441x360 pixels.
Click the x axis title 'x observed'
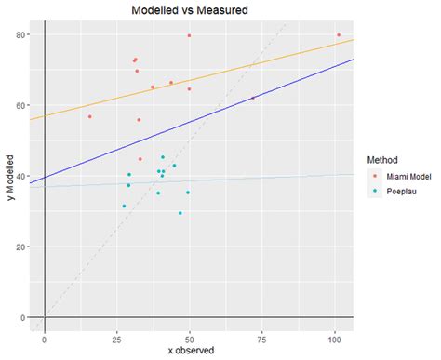tap(192, 350)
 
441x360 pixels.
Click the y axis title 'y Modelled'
tap(8, 176)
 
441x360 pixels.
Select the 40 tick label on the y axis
tap(20, 177)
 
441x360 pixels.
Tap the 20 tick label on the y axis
tap(20, 247)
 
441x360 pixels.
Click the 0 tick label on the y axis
tap(23, 318)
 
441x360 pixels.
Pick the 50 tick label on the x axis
tap(190, 338)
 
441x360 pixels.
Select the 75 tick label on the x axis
tap(262, 338)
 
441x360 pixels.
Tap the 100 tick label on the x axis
tap(335, 338)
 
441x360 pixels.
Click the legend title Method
tap(383, 159)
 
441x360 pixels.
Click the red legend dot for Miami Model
tap(375, 176)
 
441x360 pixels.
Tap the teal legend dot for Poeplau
tap(375, 192)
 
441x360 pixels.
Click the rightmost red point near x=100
tap(339, 35)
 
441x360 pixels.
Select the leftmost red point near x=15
tap(90, 116)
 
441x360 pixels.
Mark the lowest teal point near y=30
tap(180, 213)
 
